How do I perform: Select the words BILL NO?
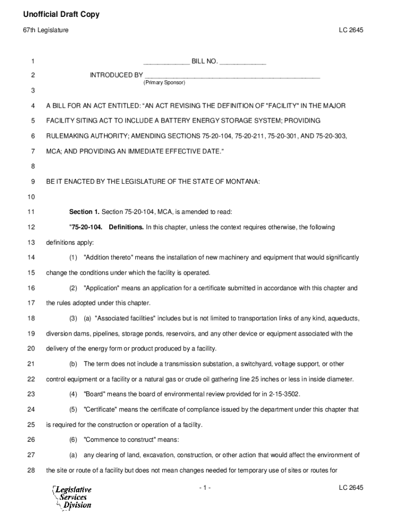coord(204,62)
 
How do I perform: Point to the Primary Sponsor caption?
coord(164,82)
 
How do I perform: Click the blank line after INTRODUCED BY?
coord(232,76)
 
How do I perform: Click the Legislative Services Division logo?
coord(72,497)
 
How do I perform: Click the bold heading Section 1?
coord(84,212)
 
